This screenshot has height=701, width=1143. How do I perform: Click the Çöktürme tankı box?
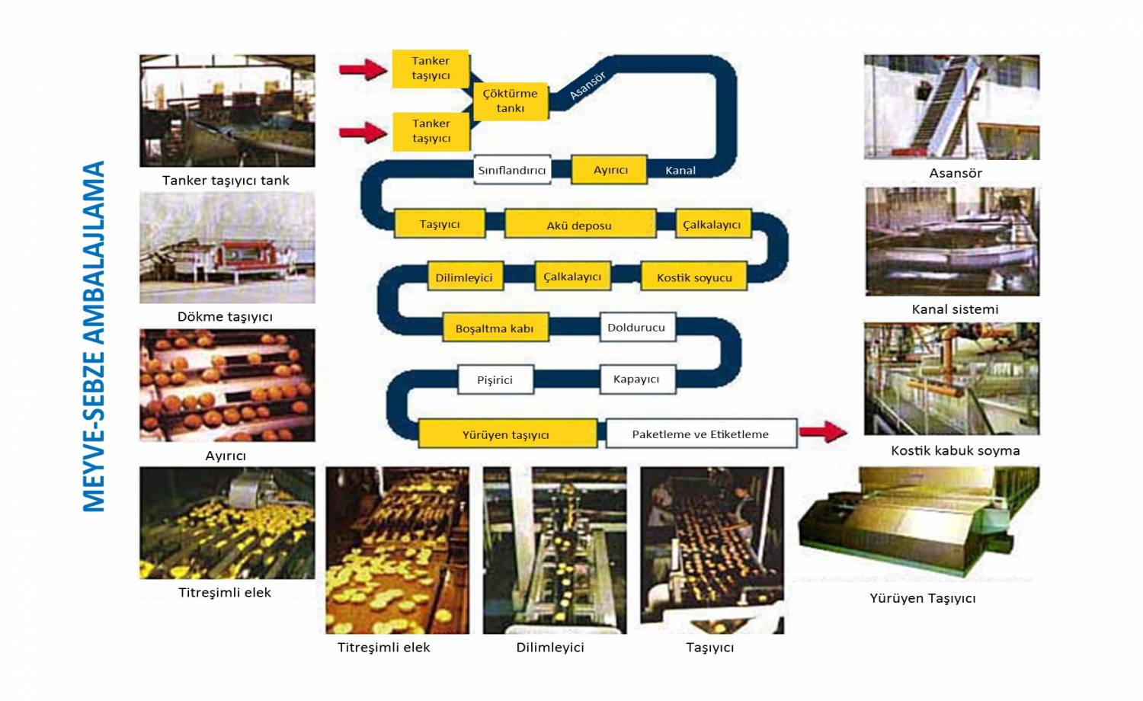click(x=510, y=101)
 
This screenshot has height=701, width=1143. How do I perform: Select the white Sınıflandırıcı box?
click(x=511, y=170)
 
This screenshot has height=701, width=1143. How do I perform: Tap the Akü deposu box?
click(x=579, y=225)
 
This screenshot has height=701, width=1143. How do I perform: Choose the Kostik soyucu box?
click(x=694, y=277)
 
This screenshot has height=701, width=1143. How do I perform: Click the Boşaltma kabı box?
click(x=495, y=328)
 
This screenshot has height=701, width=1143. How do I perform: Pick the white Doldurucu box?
click(x=636, y=328)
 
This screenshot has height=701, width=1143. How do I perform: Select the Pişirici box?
click(x=495, y=379)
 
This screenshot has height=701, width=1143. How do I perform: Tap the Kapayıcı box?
click(x=636, y=379)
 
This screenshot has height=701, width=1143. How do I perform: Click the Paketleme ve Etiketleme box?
click(x=700, y=434)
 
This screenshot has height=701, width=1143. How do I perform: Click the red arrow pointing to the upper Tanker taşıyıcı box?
click(x=363, y=70)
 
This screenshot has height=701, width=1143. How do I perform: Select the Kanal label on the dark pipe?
click(x=680, y=171)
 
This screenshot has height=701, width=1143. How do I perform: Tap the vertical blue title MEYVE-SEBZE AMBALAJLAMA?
click(x=94, y=336)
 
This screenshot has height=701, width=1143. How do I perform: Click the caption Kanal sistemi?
click(x=955, y=309)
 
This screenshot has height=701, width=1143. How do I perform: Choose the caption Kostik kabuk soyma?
click(x=955, y=450)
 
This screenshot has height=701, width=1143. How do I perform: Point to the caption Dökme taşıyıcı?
click(x=225, y=316)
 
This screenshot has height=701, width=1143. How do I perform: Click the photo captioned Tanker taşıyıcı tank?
click(x=227, y=110)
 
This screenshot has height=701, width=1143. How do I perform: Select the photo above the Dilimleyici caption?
click(x=555, y=550)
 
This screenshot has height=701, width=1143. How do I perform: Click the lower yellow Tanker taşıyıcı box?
click(x=431, y=131)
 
